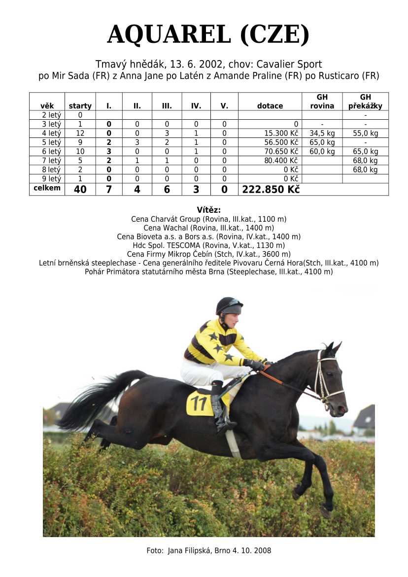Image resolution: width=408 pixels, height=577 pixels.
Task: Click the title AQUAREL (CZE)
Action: click(x=208, y=34)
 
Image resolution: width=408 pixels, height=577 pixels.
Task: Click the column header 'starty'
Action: click(x=80, y=106)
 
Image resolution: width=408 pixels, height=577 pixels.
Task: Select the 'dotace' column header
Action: click(x=270, y=106)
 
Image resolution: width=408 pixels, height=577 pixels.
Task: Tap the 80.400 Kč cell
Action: click(x=282, y=161)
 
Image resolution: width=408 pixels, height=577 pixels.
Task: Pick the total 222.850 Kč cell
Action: click(x=271, y=189)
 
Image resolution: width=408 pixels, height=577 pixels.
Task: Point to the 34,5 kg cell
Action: click(x=322, y=133)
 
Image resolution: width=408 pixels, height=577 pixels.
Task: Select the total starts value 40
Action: click(x=80, y=189)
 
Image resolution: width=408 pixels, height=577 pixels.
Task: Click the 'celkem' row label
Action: click(x=47, y=188)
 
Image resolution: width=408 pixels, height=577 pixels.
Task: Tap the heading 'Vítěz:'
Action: click(x=208, y=210)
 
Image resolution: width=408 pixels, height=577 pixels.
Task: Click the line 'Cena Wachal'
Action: click(x=208, y=228)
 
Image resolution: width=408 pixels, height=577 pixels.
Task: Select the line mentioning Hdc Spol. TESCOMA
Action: click(x=208, y=245)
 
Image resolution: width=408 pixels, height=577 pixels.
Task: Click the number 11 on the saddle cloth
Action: click(x=199, y=404)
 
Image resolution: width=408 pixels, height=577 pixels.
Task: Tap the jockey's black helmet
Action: click(x=229, y=305)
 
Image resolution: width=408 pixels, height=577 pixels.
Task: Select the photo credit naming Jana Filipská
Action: click(x=208, y=550)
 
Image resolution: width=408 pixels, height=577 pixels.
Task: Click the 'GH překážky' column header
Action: click(x=365, y=102)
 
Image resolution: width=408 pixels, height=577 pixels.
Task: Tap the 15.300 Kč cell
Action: click(x=282, y=133)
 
